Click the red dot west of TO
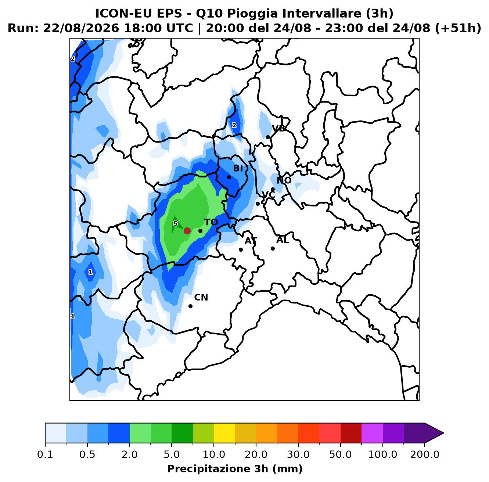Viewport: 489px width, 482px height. (x=187, y=231)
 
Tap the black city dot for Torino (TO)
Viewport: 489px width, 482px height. (x=200, y=231)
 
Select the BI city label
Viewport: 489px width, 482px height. (x=238, y=168)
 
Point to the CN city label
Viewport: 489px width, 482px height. (x=201, y=297)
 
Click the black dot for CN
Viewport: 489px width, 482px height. (x=190, y=306)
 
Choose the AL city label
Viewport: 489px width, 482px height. (x=283, y=240)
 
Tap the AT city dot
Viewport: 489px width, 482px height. (x=241, y=249)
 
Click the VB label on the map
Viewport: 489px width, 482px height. (x=278, y=129)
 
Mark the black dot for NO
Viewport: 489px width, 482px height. (x=273, y=189)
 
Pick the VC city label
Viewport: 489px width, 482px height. (x=268, y=195)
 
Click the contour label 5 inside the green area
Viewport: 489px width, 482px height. (x=175, y=224)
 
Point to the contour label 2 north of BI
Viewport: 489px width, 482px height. (x=234, y=125)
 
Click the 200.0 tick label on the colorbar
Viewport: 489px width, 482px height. (x=425, y=454)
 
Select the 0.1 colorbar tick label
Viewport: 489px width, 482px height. (x=45, y=454)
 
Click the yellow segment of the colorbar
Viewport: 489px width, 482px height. (x=224, y=433)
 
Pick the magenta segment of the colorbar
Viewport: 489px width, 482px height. (x=372, y=433)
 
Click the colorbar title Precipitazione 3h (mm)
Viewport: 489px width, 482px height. (x=235, y=468)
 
